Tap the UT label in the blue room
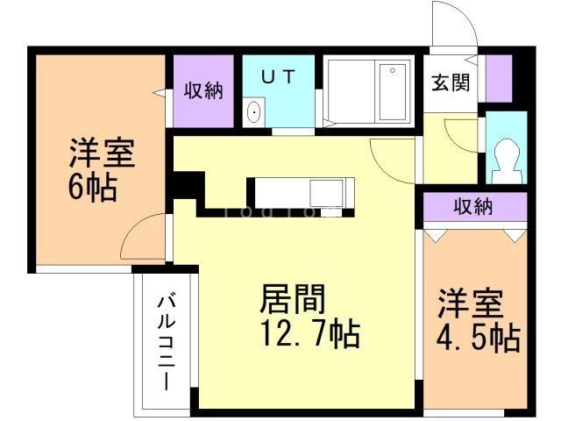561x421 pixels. coord(278,75)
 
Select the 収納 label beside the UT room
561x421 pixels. coord(202,91)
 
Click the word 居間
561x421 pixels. coord(293,300)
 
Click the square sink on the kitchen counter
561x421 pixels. coord(330,190)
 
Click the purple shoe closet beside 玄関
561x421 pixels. coord(499,79)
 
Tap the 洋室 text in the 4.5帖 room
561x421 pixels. coord(471,304)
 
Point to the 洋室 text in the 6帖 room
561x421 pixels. coord(102,154)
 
